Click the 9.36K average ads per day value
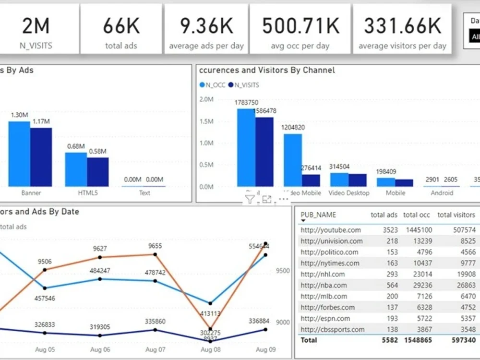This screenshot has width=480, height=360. (206, 26)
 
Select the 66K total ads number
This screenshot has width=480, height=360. (121, 26)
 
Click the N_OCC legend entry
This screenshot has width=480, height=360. (212, 85)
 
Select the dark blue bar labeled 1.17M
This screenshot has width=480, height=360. (41, 157)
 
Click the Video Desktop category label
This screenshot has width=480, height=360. (349, 193)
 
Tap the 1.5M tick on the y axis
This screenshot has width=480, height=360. (206, 121)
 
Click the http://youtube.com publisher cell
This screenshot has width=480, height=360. (331, 230)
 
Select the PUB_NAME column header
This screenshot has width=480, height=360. (318, 215)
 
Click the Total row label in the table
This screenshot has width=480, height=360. (309, 340)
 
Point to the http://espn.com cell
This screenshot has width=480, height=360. (325, 318)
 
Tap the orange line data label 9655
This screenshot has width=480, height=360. (155, 246)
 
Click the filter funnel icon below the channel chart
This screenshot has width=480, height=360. (250, 200)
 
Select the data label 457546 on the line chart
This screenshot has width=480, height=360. (45, 298)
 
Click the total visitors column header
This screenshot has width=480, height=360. (456, 215)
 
